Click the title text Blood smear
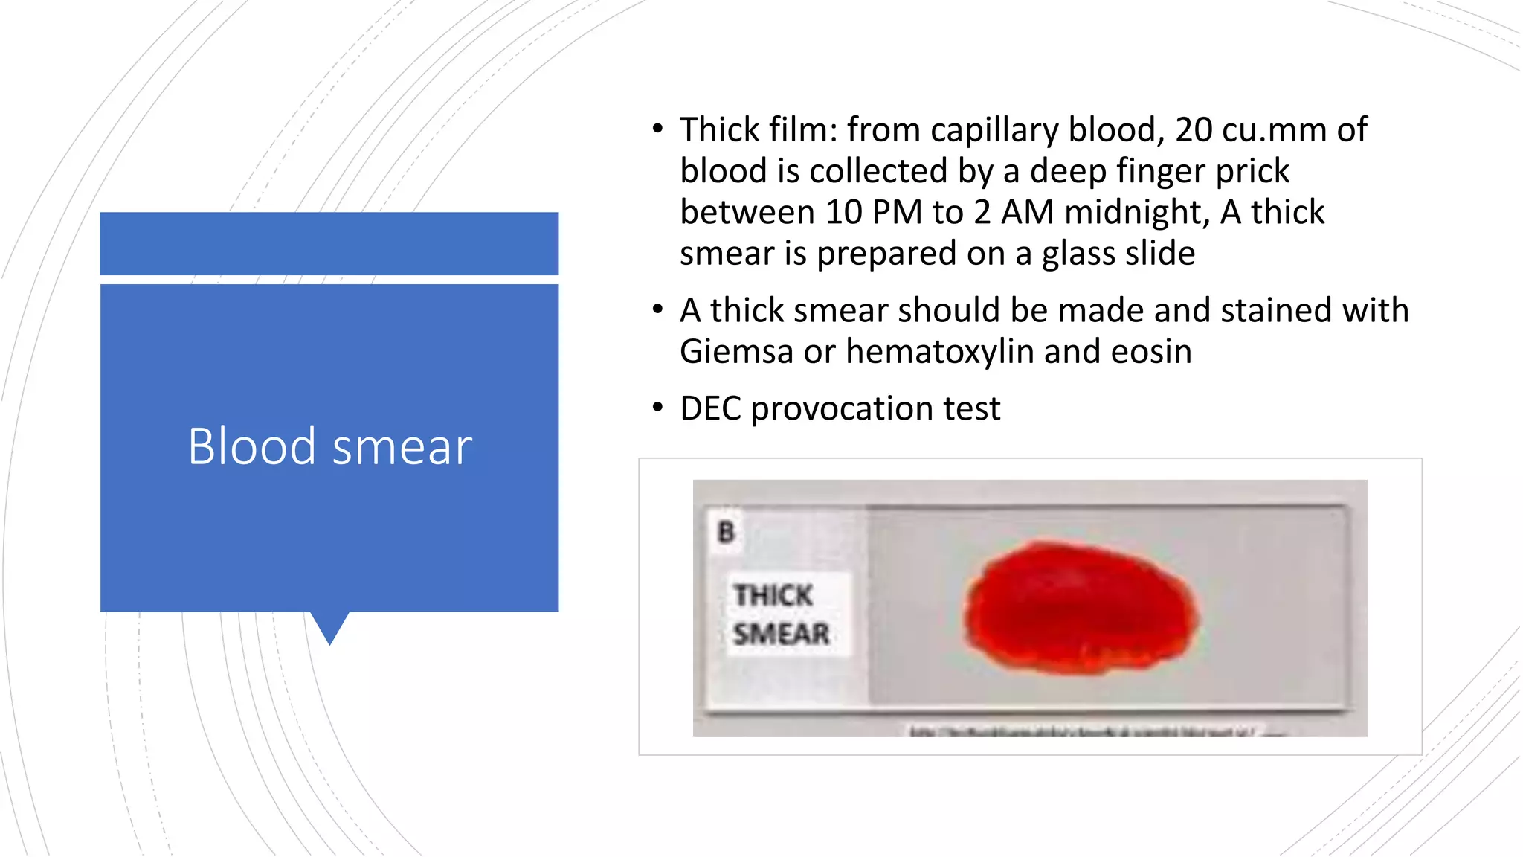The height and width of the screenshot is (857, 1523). coord(329,446)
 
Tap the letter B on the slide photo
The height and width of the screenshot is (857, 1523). coord(727,532)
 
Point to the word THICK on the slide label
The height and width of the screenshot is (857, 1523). coord(773,595)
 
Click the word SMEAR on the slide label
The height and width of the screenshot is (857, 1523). coord(781,634)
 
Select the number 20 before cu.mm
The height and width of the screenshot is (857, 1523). coord(1194,130)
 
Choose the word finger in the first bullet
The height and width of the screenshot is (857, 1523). coord(1161,171)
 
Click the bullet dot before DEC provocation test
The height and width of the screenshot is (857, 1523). coord(657,407)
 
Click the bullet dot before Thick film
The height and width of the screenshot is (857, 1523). coord(657,129)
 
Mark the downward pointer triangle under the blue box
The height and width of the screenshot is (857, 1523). coord(329,627)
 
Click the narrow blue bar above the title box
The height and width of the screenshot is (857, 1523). coord(329,243)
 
